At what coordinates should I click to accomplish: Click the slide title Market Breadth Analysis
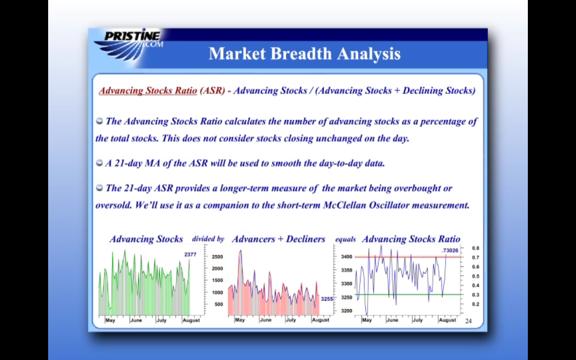(305, 54)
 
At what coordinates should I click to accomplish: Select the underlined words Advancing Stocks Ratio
(148, 90)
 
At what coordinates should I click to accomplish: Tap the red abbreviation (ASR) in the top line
(212, 90)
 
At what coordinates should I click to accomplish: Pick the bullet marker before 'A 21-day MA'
(99, 163)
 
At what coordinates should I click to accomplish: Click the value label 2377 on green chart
(190, 255)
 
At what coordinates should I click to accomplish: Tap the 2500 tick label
(217, 257)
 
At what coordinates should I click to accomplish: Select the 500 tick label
(219, 305)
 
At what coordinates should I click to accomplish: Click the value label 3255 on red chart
(327, 299)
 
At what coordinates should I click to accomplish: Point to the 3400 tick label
(346, 256)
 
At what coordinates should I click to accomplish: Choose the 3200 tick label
(346, 311)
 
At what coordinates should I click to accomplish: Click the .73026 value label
(450, 250)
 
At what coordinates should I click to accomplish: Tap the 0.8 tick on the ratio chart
(476, 248)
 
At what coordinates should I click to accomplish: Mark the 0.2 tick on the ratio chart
(476, 304)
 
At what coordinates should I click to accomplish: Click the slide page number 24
(468, 321)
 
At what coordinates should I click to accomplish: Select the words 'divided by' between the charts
(208, 239)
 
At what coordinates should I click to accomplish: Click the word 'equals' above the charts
(345, 239)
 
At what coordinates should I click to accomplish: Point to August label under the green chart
(191, 320)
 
